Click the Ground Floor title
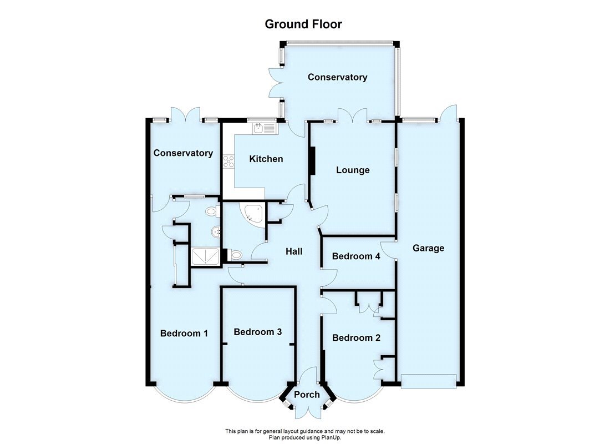tap(303, 24)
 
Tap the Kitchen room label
tap(266, 159)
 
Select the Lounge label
tap(353, 170)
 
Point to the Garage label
tap(428, 248)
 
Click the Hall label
tap(293, 251)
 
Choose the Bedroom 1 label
tap(184, 334)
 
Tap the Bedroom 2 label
tap(356, 338)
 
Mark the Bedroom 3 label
tap(257, 332)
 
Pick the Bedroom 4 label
tap(356, 256)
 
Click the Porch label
tap(307, 395)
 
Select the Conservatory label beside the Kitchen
tap(183, 153)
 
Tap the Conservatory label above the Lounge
tap(337, 77)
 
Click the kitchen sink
tap(263, 129)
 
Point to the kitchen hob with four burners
tap(228, 162)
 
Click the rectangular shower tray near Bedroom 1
tap(205, 256)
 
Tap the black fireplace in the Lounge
tap(312, 161)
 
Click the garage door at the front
tap(429, 381)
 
